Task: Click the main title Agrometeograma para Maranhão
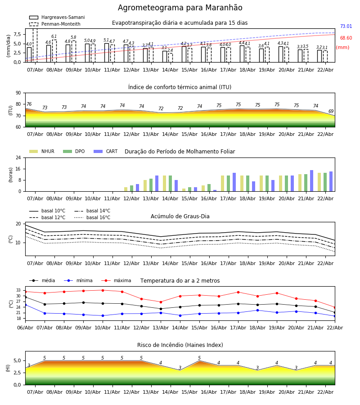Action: (x=180, y=8)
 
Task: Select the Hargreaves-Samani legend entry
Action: (x=57, y=17)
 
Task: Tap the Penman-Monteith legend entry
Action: (x=55, y=24)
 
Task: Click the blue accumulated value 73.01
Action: (x=346, y=26)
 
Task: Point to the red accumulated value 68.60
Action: (x=346, y=38)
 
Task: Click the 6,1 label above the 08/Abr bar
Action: (x=54, y=36)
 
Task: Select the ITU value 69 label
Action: (x=331, y=111)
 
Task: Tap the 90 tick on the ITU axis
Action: (x=18, y=93)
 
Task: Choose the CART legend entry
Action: (x=106, y=151)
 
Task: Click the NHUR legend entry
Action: (x=42, y=151)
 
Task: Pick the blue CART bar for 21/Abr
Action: (x=312, y=181)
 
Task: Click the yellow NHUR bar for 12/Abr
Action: (x=126, y=189)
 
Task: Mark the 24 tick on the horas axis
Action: (x=18, y=157)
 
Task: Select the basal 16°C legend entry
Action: (x=92, y=217)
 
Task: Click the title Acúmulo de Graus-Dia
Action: (x=180, y=216)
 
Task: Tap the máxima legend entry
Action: (x=116, y=280)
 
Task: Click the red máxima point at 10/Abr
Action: (x=103, y=290)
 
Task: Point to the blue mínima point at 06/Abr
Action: (x=25, y=305)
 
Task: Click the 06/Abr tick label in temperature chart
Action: (x=25, y=328)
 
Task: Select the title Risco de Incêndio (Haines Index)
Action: (x=180, y=345)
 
